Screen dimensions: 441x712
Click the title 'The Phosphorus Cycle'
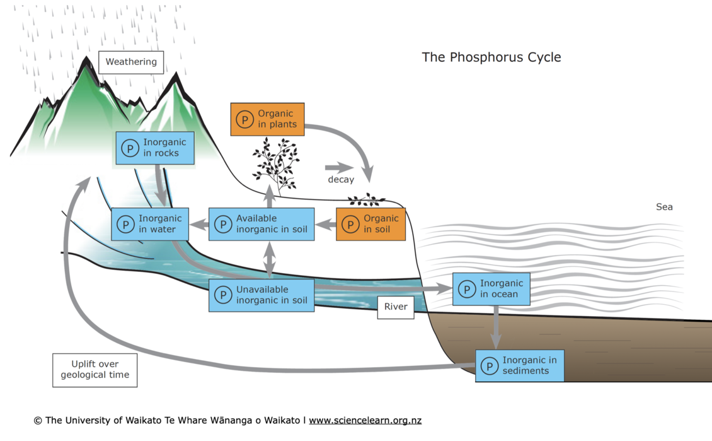pos(491,57)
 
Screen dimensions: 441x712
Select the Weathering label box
pos(131,62)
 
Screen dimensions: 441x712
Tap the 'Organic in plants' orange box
pos(267,119)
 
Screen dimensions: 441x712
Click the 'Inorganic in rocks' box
pos(154,148)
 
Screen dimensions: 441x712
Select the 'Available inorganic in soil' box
pos(261,224)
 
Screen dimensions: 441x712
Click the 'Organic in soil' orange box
pos(370,224)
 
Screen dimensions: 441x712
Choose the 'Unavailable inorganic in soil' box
pos(261,295)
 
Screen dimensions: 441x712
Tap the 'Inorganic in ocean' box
pos(491,289)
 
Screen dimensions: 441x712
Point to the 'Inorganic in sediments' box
pos(519,365)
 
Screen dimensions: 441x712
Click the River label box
pos(396,307)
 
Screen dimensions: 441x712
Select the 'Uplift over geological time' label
pos(95,370)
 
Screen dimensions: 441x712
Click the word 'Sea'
pos(664,207)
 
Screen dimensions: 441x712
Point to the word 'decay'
pos(341,180)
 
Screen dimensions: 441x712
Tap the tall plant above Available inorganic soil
pos(275,164)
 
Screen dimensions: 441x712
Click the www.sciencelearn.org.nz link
pos(365,420)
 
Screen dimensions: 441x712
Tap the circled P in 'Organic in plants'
pos(244,119)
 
